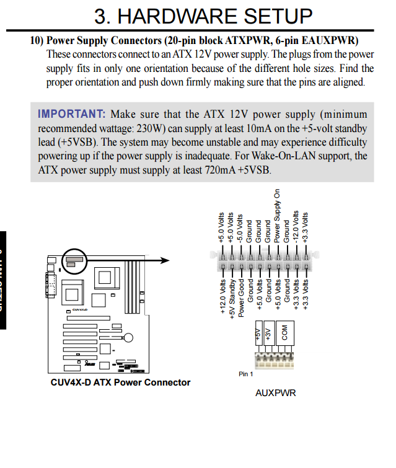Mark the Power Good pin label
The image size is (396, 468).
(241, 296)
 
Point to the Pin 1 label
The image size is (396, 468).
(246, 374)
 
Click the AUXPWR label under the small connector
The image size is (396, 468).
(275, 393)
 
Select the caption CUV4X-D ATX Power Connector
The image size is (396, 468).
(120, 382)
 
